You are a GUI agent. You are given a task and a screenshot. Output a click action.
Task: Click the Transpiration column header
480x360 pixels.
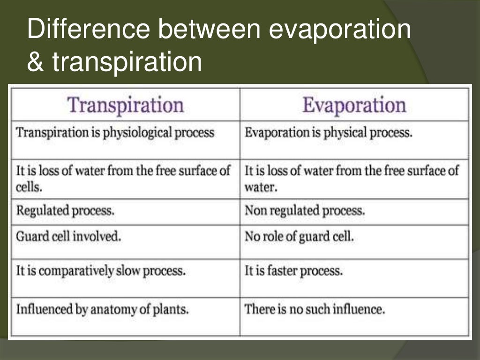pos(126,105)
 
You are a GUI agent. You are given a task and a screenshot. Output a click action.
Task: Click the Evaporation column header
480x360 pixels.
pos(354,105)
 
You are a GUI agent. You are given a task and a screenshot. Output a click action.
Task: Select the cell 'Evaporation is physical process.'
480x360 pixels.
pos(329,133)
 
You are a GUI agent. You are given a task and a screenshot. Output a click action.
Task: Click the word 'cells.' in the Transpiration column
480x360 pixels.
pos(29,187)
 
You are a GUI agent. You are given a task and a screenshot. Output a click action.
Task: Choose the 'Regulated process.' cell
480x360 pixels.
pos(65,210)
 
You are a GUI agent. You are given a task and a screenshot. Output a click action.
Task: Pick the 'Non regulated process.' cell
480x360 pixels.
pos(304,210)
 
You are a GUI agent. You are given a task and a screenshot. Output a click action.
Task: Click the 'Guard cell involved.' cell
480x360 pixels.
pos(68,237)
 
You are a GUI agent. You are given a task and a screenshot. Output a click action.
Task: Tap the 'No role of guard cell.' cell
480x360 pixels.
pos(299,237)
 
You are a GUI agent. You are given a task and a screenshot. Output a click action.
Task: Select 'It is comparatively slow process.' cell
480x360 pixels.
pos(101,271)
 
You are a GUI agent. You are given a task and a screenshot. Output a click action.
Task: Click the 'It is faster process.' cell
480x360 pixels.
pos(293,271)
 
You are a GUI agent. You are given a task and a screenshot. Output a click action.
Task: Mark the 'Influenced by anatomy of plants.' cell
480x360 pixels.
pos(102,309)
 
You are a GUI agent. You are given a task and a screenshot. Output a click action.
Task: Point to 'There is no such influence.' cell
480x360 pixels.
pos(315,309)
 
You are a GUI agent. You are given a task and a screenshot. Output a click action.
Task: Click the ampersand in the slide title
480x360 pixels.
pos(34,62)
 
